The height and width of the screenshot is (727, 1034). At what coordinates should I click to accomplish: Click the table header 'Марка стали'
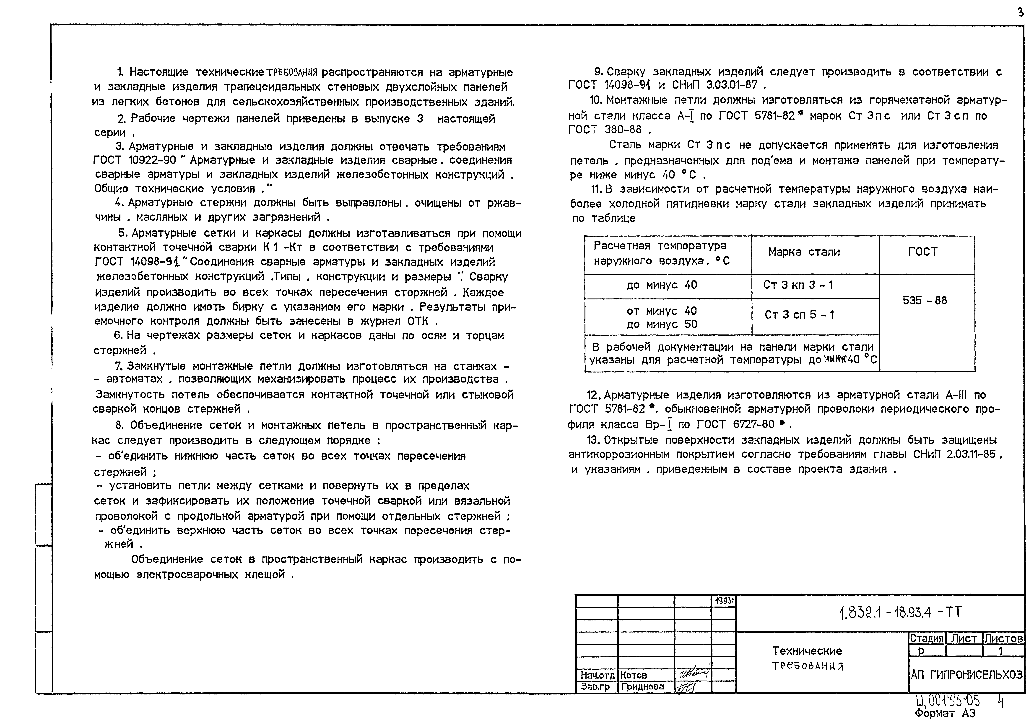[804, 252]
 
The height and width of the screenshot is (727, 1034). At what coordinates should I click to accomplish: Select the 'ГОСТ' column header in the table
[923, 252]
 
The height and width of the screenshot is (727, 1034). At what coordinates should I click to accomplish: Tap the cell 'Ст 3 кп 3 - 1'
[798, 285]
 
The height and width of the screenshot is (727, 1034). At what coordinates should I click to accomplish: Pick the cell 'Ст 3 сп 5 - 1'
[799, 315]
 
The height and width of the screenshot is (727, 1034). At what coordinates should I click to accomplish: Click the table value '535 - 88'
[925, 301]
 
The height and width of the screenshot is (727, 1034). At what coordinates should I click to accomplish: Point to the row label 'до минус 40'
[662, 285]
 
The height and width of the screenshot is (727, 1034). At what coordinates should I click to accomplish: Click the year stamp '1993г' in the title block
[724, 601]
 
